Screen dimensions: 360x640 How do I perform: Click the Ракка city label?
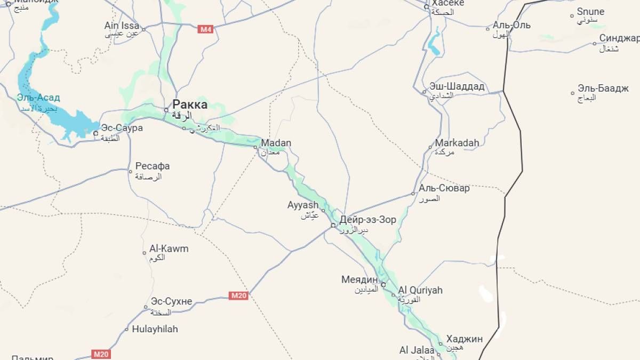190,105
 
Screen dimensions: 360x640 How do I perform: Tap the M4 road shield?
205,29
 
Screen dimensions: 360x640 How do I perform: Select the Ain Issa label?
122,26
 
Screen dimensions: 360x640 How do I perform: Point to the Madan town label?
276,143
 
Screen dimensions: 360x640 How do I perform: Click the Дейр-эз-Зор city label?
367,220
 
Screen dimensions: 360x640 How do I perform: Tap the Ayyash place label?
303,205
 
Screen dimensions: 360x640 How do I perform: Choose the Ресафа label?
153,166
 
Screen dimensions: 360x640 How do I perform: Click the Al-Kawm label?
169,249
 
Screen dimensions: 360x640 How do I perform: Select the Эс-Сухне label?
171,301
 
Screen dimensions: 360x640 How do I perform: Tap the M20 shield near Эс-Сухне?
238,295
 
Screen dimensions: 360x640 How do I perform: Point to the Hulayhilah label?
155,329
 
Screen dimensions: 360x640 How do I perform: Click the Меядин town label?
359,279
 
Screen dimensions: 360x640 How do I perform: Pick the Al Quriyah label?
420,290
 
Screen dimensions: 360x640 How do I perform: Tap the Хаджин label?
464,339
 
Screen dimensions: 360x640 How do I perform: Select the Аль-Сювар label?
444,188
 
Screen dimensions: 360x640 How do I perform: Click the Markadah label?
457,143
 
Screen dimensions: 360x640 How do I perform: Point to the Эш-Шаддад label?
457,86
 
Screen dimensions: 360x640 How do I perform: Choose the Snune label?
590,12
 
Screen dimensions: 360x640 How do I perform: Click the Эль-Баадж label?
603,89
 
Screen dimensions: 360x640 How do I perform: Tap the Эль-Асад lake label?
38,98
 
